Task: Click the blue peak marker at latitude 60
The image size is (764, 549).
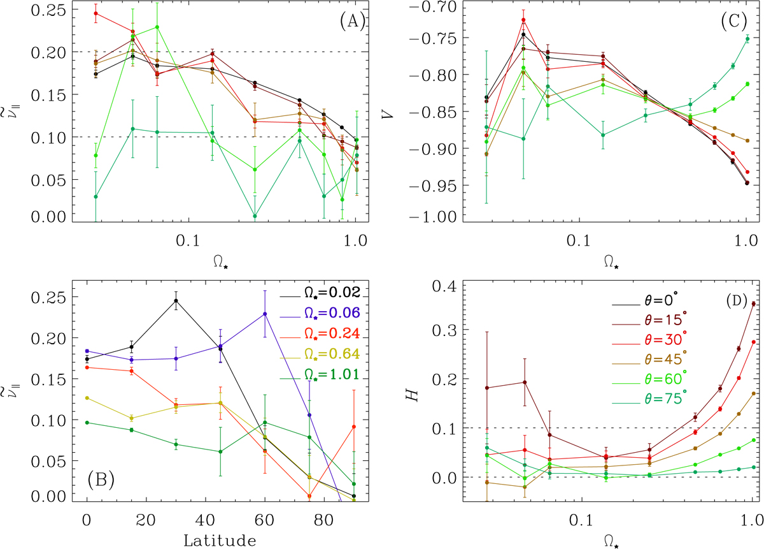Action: [x=264, y=314]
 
